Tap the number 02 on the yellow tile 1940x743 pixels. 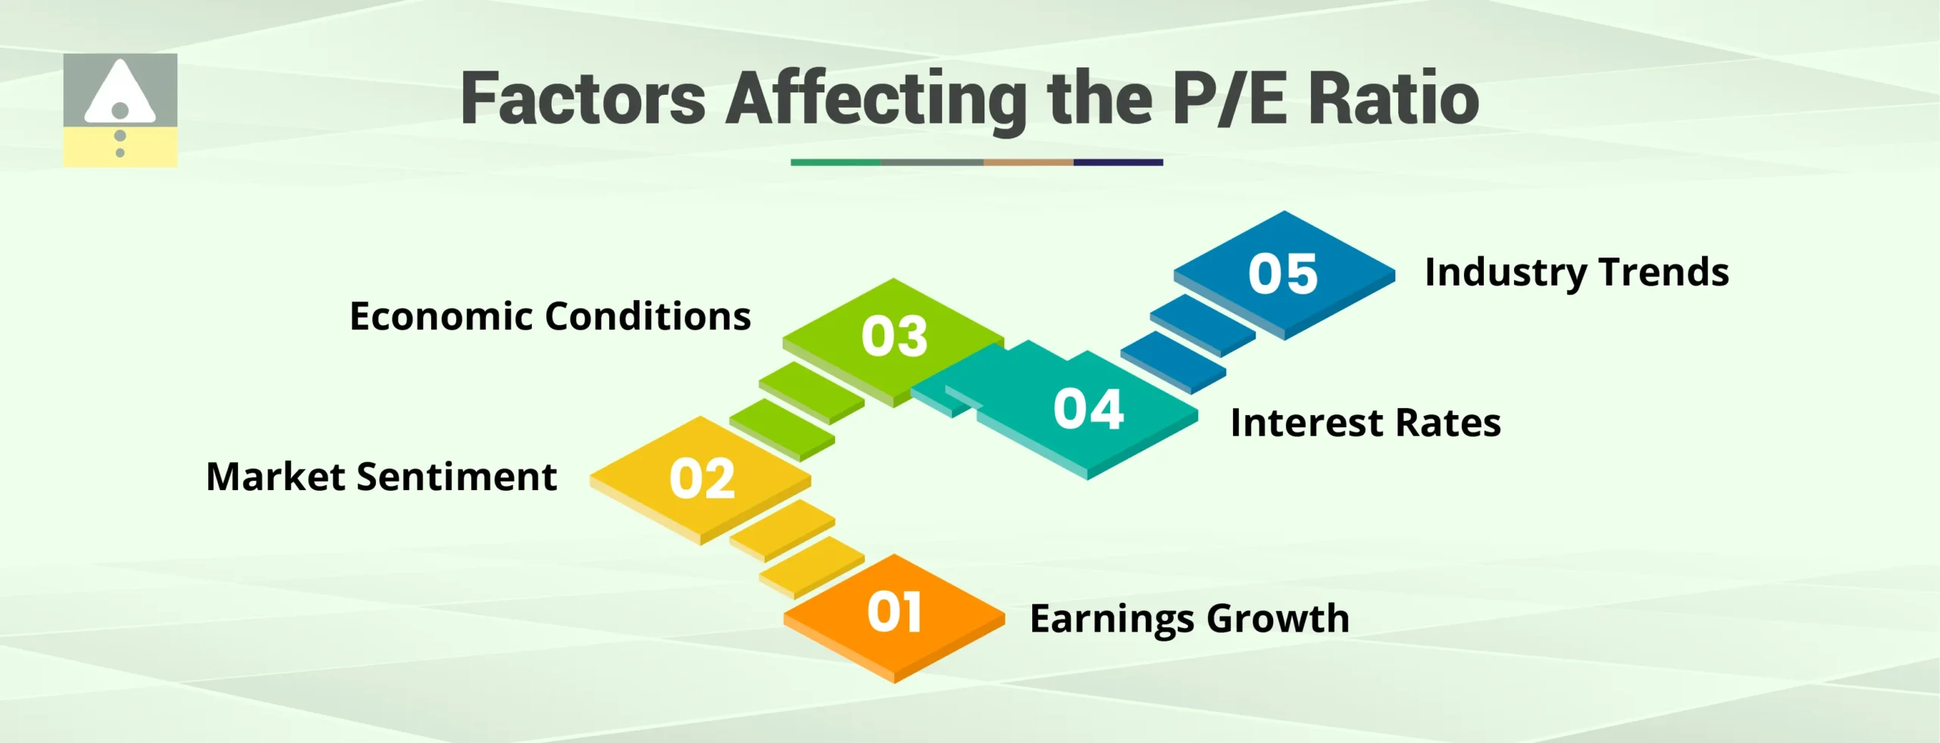coord(702,479)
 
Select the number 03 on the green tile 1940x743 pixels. coord(894,336)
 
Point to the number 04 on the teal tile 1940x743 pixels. coord(1088,409)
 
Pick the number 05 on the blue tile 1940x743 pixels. coord(1283,273)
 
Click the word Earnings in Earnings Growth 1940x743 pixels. coord(1111,620)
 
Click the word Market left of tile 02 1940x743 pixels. coord(276,477)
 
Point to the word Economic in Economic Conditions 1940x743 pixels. coord(441,317)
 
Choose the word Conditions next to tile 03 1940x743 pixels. coord(648,317)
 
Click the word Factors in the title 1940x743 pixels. coord(584,98)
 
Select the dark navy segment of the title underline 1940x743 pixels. coord(1118,162)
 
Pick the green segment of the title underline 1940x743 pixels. coord(835,162)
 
